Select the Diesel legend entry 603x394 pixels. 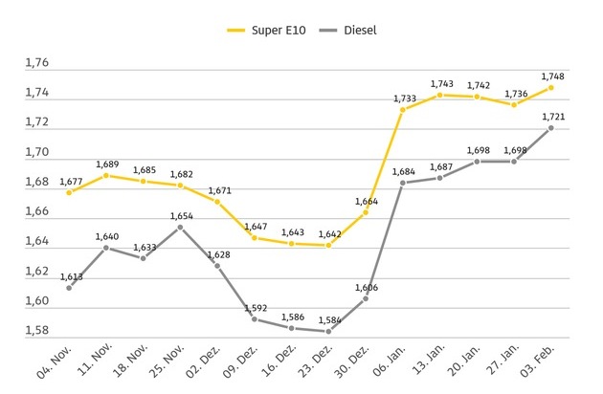tap(348, 30)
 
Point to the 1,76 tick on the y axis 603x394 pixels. tap(35, 64)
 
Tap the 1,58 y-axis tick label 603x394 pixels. tap(35, 332)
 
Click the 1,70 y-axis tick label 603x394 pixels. tap(35, 153)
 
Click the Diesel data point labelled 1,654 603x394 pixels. tap(180, 227)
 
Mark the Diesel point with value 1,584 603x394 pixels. tap(328, 331)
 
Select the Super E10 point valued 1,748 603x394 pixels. tap(551, 87)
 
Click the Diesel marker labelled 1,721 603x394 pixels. tap(551, 127)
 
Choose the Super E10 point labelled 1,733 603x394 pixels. tap(402, 110)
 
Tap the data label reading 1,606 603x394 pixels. tap(365, 287)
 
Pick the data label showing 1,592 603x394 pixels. tap(254, 308)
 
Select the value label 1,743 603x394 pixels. tap(439, 84)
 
